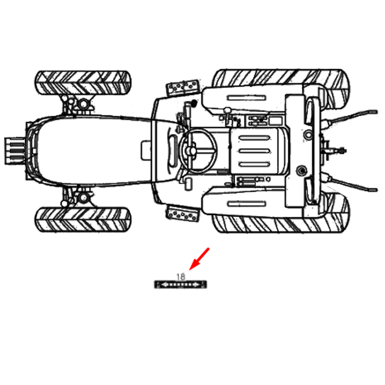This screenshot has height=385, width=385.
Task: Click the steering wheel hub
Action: coord(191,151)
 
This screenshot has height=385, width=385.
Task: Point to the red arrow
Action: coord(199,259)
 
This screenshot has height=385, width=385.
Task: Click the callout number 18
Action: coord(181,277)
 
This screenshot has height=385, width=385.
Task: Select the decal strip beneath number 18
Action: coord(181,284)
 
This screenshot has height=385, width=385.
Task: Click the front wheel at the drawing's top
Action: coord(83,83)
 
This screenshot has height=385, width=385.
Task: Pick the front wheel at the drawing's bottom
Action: coord(83,220)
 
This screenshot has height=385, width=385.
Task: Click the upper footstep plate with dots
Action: coord(182,87)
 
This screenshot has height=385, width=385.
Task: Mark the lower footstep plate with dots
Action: coord(182,214)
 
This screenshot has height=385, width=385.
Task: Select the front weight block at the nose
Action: coord(15,151)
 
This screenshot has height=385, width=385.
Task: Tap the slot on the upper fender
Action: coord(246,98)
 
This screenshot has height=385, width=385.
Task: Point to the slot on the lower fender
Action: coord(246,204)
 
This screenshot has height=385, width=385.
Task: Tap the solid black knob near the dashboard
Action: coord(194,103)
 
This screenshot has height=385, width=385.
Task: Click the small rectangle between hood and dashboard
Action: coord(146,150)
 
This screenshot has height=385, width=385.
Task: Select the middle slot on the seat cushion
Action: coord(255,151)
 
